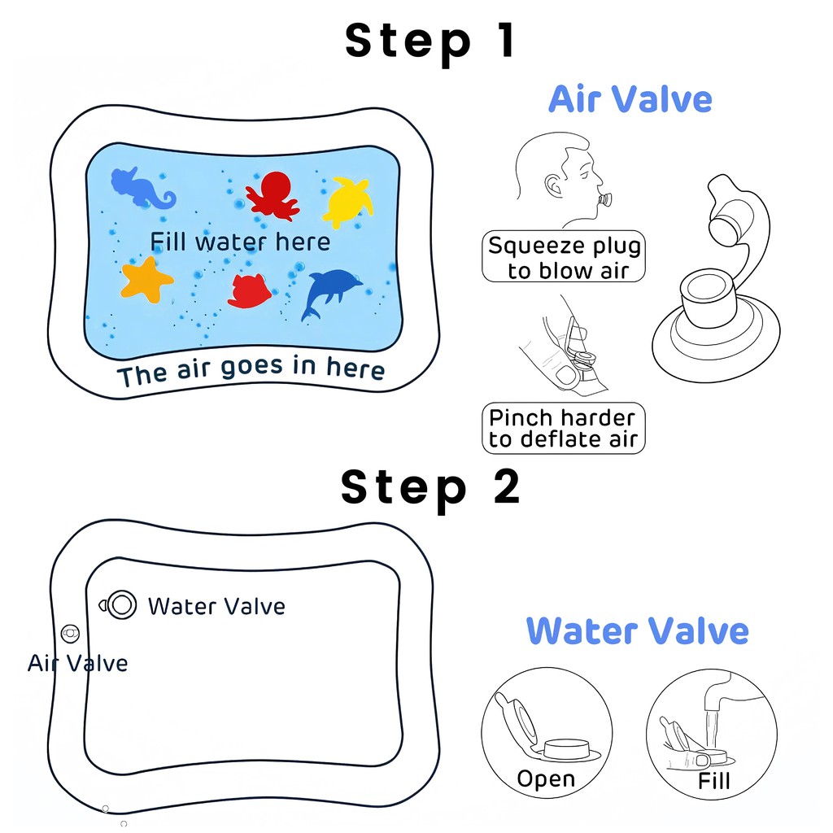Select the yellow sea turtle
click(x=348, y=202)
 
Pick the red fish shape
click(x=249, y=291)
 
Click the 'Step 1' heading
click(x=430, y=42)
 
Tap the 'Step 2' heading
click(x=430, y=489)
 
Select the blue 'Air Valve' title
click(x=630, y=99)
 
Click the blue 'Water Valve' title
click(x=638, y=631)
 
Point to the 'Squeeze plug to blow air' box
click(x=564, y=256)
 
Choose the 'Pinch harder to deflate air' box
click(x=564, y=428)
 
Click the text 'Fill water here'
click(x=240, y=242)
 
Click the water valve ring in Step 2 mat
click(x=122, y=604)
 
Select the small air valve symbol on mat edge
click(x=70, y=633)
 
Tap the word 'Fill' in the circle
click(x=714, y=782)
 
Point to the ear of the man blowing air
click(x=552, y=185)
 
